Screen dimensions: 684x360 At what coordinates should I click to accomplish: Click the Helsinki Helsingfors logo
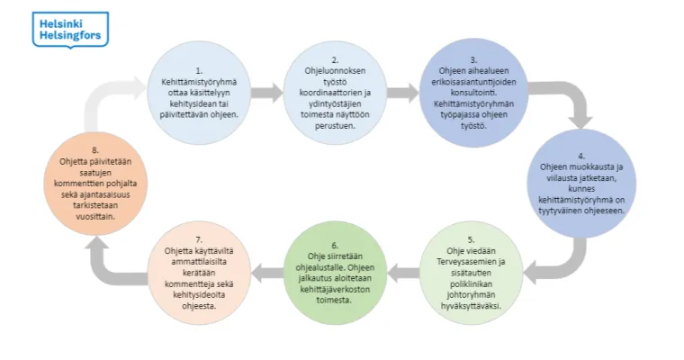click(x=70, y=30)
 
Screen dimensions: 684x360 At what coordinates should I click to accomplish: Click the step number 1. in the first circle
click(x=199, y=70)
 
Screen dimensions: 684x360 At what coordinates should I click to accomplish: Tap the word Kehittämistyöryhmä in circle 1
click(x=199, y=82)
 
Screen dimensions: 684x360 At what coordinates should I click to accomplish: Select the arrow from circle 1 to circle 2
click(x=267, y=93)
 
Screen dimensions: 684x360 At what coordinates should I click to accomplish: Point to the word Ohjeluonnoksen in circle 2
click(x=335, y=71)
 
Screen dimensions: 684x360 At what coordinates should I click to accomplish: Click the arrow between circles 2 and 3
click(x=403, y=93)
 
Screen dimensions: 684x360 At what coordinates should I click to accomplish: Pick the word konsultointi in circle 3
click(x=472, y=93)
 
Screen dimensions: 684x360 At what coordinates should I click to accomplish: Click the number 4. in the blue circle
click(x=581, y=156)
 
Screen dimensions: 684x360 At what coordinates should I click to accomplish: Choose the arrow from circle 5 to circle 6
click(x=403, y=274)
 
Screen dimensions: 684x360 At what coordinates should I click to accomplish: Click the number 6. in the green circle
click(x=335, y=246)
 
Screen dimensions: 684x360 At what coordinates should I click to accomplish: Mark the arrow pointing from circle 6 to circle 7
click(x=267, y=274)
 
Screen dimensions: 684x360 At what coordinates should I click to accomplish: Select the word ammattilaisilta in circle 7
click(x=199, y=262)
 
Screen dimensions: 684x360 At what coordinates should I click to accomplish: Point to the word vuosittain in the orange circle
click(x=95, y=216)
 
